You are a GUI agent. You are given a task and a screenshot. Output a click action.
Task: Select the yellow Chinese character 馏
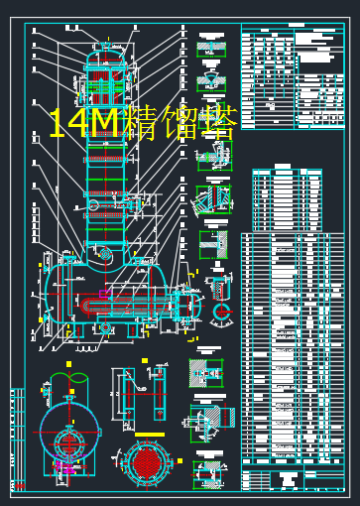click(180, 123)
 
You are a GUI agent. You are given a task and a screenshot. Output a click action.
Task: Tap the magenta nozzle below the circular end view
click(65, 467)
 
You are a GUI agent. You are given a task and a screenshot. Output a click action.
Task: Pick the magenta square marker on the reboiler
click(103, 294)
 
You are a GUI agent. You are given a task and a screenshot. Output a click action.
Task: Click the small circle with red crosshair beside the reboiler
click(220, 315)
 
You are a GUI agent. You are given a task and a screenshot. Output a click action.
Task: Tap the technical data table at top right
click(294, 77)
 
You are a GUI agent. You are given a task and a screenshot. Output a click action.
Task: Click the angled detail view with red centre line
click(211, 198)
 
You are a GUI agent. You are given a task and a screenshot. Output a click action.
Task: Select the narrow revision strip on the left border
click(17, 437)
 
